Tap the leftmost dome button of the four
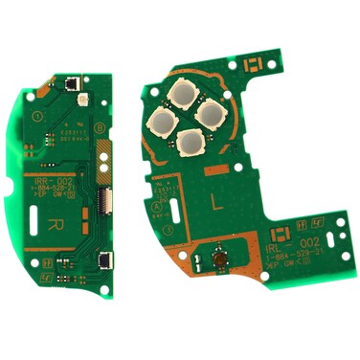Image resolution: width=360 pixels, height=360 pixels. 159,119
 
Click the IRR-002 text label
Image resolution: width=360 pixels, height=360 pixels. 54,181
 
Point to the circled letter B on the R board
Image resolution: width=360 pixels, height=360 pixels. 100,127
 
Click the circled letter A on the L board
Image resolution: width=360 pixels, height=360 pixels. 157,205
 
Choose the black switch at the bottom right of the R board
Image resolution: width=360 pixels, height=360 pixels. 103,259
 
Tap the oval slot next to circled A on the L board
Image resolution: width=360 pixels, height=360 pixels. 171,209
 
